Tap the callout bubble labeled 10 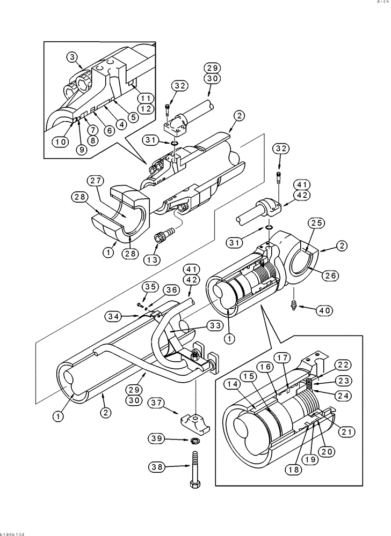[60, 142]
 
